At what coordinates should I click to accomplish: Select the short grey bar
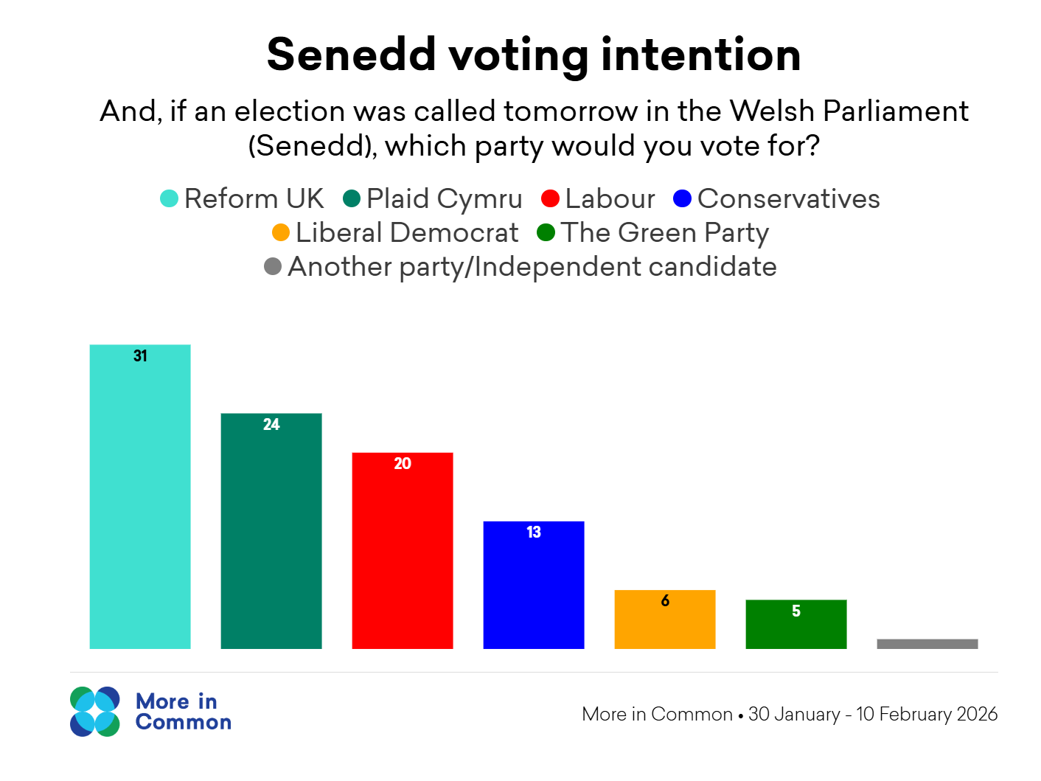point(927,644)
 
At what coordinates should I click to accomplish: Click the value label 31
point(140,356)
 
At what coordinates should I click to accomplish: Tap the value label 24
point(271,425)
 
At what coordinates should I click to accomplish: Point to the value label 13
point(534,532)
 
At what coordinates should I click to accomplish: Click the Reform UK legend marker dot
point(169,198)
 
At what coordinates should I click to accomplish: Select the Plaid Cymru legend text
point(444,198)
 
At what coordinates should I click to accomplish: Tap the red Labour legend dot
point(550,198)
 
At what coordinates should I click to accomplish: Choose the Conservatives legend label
point(788,198)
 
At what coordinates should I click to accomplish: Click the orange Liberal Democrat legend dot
point(281,233)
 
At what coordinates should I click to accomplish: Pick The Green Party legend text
point(665,233)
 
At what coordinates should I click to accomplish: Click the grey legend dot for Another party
point(273,266)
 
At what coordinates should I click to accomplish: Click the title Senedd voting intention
point(534,55)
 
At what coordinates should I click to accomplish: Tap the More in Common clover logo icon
point(95,712)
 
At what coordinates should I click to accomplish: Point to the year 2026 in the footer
point(977,714)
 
